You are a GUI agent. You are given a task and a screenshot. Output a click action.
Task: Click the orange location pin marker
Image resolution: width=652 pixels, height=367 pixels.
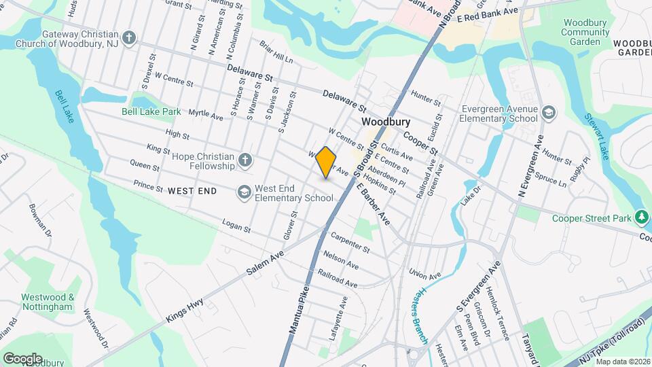tap(326, 162)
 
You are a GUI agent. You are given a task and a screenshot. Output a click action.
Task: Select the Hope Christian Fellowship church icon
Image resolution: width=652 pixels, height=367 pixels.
tap(244, 161)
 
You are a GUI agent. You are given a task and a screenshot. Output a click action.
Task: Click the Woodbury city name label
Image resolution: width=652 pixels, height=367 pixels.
tap(386, 122)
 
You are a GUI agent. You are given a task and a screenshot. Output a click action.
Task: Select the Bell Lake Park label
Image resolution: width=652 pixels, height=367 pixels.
tap(151, 111)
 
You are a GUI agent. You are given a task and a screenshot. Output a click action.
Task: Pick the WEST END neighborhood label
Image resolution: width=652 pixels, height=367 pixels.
tap(192, 191)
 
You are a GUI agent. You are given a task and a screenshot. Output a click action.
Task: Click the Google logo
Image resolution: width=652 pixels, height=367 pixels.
tap(22, 358)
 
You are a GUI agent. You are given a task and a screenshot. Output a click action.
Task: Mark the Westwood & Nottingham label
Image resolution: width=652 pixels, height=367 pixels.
tap(47, 302)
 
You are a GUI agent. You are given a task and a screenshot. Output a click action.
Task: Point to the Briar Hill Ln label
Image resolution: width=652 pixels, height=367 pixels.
tap(276, 52)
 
